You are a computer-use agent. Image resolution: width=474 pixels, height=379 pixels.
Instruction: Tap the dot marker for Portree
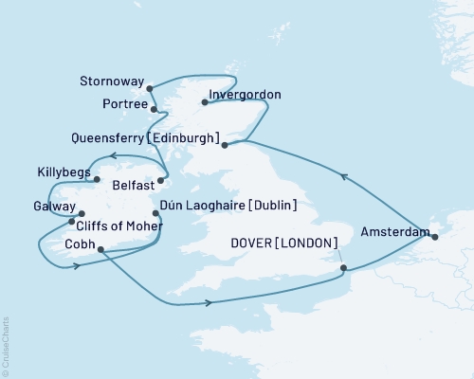click(x=154, y=110)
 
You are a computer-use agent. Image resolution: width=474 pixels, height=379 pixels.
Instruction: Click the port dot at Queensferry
click(x=225, y=145)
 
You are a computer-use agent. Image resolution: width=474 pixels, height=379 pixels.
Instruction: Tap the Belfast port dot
click(x=162, y=180)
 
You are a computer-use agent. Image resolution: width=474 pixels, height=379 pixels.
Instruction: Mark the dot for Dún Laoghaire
click(x=155, y=213)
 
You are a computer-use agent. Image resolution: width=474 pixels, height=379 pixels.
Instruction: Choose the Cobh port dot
click(x=100, y=251)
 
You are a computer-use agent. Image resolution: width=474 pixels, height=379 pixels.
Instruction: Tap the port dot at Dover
click(x=343, y=267)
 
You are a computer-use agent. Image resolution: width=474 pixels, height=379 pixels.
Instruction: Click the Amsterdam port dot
click(x=435, y=237)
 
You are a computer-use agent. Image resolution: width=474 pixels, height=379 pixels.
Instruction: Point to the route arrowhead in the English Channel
click(x=206, y=303)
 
